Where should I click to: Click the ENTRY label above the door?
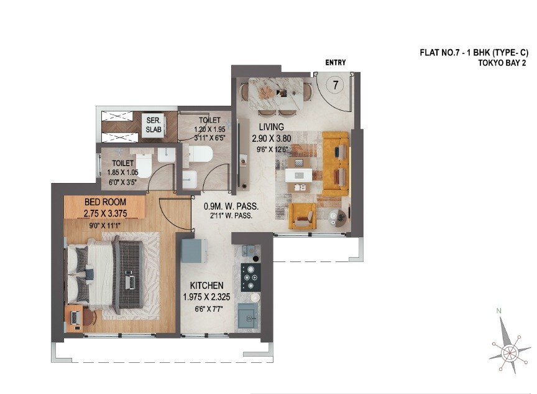[x=336, y=63]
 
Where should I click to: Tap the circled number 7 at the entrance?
[x=335, y=85]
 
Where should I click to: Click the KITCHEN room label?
[x=207, y=285]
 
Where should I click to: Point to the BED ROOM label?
[x=105, y=202]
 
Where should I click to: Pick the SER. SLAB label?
[x=153, y=125]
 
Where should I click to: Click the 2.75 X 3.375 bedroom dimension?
[x=106, y=213]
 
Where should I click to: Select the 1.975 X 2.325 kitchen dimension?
[x=207, y=297]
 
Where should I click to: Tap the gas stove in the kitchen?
[x=250, y=277]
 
